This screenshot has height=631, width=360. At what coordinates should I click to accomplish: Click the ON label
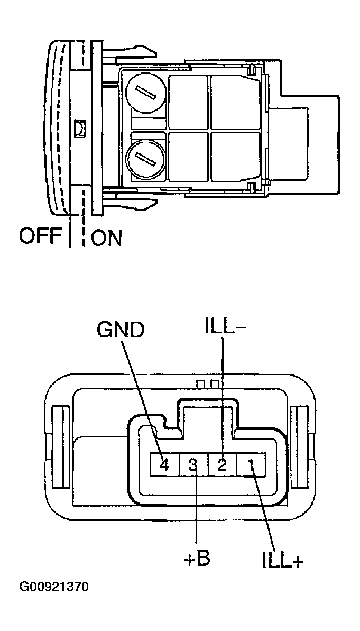pyautogui.click(x=106, y=238)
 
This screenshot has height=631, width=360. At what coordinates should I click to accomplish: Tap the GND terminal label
pyautogui.click(x=120, y=330)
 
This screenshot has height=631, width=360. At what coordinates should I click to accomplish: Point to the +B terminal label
pyautogui.click(x=197, y=560)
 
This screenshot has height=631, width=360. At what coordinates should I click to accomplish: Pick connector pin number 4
pyautogui.click(x=164, y=465)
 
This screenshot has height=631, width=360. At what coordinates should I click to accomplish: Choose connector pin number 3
pyautogui.click(x=193, y=465)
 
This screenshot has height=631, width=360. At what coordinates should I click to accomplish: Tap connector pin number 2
pyautogui.click(x=223, y=465)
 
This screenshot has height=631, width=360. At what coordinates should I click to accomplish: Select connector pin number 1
pyautogui.click(x=252, y=465)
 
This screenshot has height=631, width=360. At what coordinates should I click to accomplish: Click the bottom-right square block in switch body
pyautogui.click(x=233, y=157)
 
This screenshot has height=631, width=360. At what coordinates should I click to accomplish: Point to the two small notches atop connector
pyautogui.click(x=207, y=382)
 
